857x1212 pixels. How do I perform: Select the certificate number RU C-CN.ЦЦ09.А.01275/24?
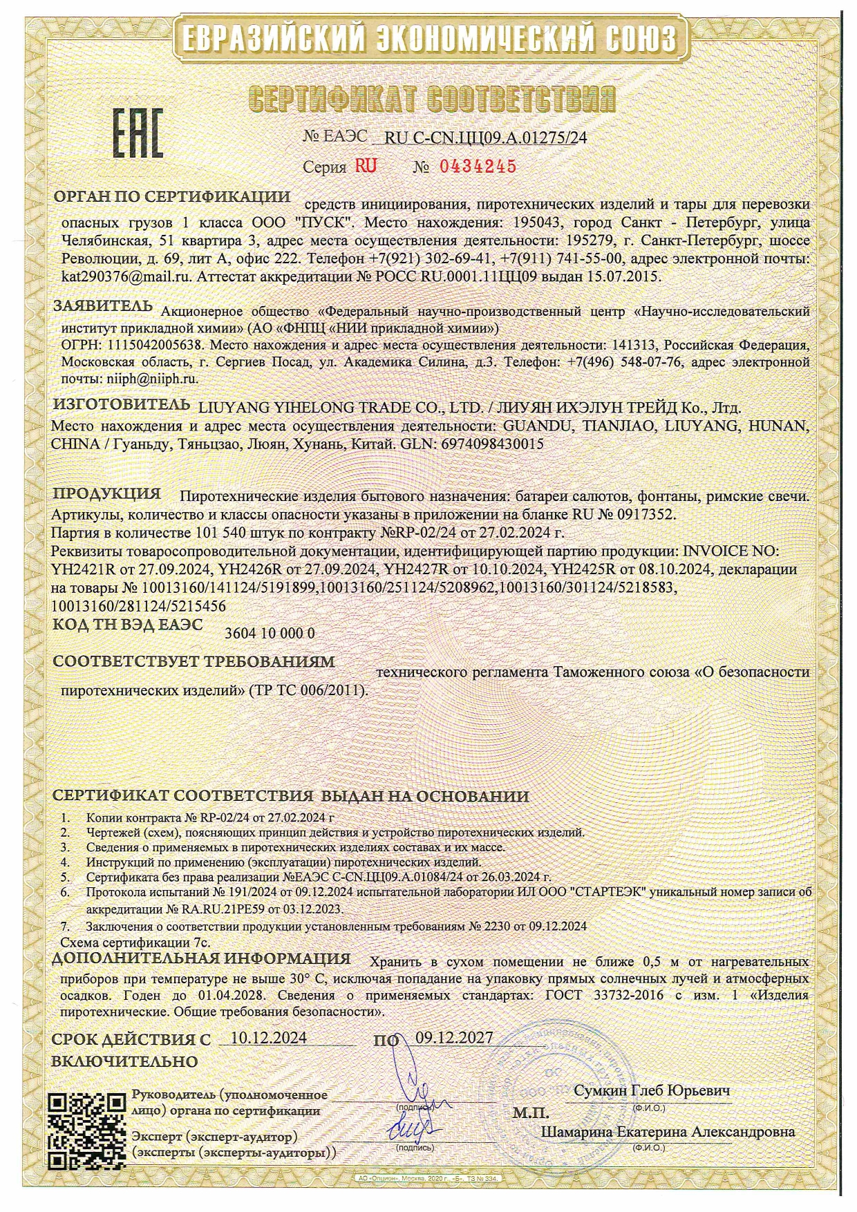coord(485,138)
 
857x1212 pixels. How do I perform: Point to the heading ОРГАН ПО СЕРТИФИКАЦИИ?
coord(172,196)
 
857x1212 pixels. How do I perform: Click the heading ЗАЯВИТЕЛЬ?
coord(103,305)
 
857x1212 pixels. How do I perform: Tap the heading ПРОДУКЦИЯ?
coord(107,493)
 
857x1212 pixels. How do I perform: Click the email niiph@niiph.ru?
coord(152,379)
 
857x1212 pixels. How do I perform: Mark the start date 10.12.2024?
coord(269,1038)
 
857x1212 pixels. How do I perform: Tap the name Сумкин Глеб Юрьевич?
coord(652,1090)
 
